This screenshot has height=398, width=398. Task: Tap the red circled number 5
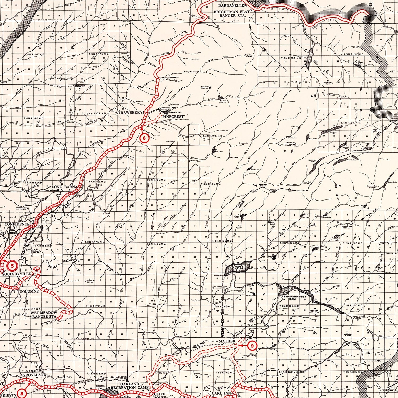pyautogui.click(x=12, y=265)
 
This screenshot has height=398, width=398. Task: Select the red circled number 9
pyautogui.click(x=252, y=345)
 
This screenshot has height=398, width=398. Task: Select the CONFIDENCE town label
pyautogui.click(x=17, y=224)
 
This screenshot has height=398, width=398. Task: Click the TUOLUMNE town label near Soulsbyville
pyautogui.click(x=28, y=291)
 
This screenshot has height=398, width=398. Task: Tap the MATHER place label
pyautogui.click(x=227, y=341)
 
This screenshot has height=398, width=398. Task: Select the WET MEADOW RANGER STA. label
pyautogui.click(x=44, y=315)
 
